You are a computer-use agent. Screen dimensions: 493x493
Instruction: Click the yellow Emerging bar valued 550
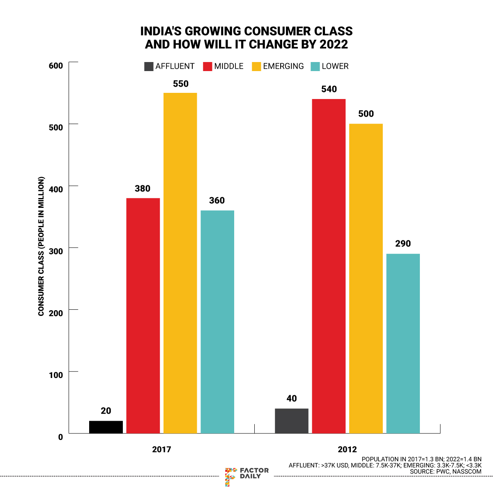click(x=180, y=263)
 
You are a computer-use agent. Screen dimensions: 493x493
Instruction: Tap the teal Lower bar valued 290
click(x=403, y=343)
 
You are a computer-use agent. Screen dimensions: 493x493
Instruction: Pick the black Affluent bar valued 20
click(x=106, y=427)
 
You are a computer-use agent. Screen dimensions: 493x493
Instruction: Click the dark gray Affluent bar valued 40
click(x=291, y=421)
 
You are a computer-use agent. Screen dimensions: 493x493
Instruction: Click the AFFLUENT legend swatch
click(x=149, y=67)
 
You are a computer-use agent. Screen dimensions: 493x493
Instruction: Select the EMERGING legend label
click(x=283, y=67)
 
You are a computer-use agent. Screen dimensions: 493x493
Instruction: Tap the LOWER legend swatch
click(x=315, y=67)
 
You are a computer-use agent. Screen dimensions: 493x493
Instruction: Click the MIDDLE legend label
click(x=229, y=67)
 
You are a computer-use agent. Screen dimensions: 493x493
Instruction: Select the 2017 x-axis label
click(x=161, y=449)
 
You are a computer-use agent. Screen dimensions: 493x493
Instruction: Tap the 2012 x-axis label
click(x=347, y=449)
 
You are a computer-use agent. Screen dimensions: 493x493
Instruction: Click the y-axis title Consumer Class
click(x=41, y=246)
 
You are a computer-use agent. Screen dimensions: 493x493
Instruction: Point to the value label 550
click(x=181, y=84)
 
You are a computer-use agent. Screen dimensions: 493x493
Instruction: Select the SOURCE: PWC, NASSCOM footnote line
click(x=445, y=472)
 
